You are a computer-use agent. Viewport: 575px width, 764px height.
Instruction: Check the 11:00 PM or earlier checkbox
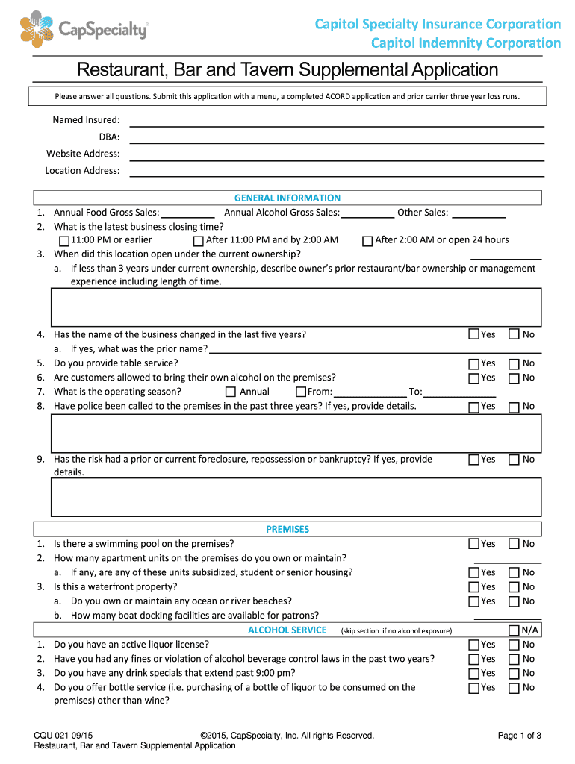[64, 241]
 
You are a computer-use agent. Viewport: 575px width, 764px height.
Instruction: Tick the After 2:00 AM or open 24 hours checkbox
[367, 241]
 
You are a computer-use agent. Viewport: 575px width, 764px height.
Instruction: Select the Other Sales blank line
[479, 213]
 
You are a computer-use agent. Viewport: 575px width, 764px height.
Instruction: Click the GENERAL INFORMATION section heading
[287, 198]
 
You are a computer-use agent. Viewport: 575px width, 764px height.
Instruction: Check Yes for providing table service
[473, 364]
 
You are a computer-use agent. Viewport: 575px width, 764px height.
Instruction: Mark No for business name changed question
[514, 335]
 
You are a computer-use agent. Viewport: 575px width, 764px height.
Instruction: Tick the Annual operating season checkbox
[231, 392]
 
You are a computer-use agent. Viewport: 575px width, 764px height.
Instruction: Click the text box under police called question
[296, 433]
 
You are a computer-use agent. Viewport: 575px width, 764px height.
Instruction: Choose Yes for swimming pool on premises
[473, 544]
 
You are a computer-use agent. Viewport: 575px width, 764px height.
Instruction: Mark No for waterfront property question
[514, 587]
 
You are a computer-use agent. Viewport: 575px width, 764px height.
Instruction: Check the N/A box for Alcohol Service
[514, 630]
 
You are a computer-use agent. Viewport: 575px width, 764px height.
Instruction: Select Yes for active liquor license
[473, 645]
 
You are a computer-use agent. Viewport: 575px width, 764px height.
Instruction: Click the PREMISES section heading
[287, 529]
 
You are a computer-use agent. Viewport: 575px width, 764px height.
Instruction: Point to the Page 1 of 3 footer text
[519, 736]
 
